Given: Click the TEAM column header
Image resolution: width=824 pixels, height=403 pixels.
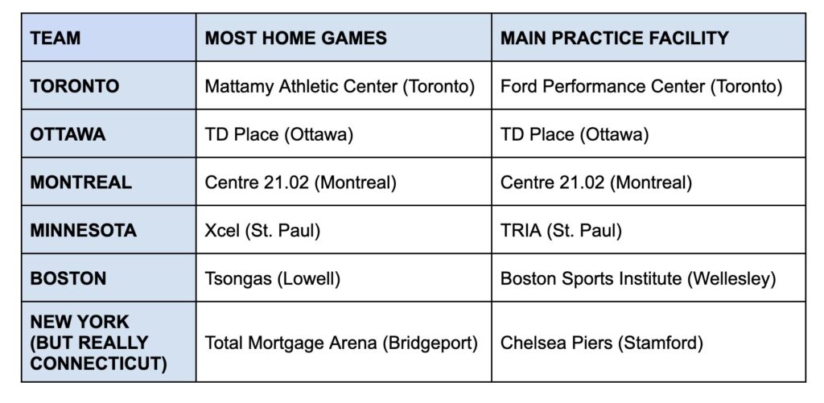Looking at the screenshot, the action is click(56, 38).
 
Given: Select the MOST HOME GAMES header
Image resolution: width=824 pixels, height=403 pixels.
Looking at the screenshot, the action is click(296, 38).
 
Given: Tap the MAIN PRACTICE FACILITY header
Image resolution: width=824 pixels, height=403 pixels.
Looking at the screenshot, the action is click(614, 38).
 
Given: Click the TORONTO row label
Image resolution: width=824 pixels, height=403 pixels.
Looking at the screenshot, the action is click(75, 86).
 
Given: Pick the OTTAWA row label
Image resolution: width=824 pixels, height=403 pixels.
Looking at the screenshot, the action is click(68, 134).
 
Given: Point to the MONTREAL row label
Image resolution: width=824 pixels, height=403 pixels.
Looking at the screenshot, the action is click(81, 183).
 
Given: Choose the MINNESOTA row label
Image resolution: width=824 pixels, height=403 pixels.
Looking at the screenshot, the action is click(84, 230).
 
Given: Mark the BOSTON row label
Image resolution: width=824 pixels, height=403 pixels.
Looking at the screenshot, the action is click(68, 278).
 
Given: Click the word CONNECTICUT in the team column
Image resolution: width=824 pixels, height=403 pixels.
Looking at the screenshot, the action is click(98, 364).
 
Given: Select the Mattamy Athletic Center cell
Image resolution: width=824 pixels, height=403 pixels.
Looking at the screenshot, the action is click(340, 86).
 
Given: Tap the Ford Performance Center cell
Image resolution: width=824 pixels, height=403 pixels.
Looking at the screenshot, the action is click(641, 86).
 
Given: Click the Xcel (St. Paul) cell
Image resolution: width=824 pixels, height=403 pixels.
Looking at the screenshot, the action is click(262, 230).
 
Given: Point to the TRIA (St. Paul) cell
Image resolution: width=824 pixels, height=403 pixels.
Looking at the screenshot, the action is click(561, 230).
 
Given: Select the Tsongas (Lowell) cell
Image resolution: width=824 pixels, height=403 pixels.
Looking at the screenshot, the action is click(272, 278).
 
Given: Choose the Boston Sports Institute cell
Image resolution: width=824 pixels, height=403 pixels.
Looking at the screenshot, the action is click(638, 278).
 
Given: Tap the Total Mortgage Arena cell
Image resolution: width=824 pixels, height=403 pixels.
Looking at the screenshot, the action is click(341, 343).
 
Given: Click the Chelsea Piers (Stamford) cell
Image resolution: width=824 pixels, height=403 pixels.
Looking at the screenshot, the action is click(601, 343).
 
